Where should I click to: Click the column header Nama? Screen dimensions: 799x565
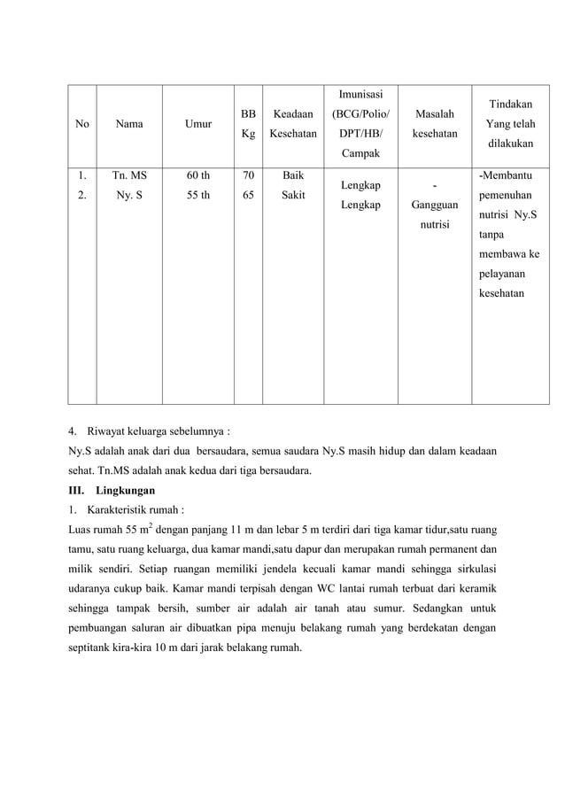pyautogui.click(x=129, y=125)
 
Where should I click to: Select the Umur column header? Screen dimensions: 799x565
pyautogui.click(x=197, y=125)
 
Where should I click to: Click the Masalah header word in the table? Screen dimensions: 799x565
pyautogui.click(x=433, y=114)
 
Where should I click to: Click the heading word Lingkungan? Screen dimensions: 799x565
pyautogui.click(x=126, y=490)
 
